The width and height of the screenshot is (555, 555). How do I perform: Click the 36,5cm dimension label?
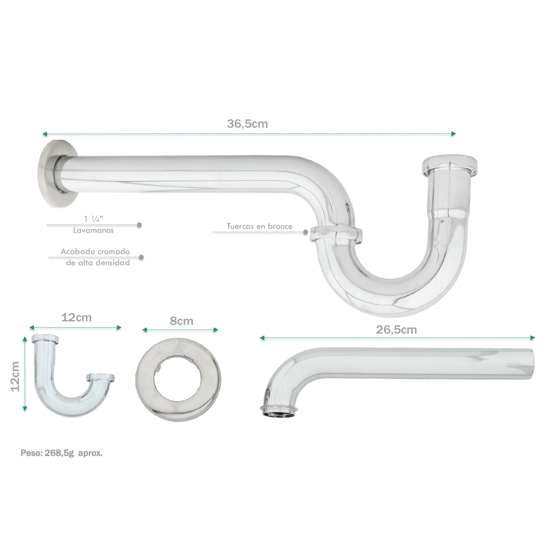coord(247,124)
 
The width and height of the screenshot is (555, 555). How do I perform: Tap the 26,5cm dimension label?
coord(396,330)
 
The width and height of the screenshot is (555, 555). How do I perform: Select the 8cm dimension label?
coord(181,321)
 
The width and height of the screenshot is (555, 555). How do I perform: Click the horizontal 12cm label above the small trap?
coord(76,318)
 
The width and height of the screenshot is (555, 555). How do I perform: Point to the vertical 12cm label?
coord(15,377)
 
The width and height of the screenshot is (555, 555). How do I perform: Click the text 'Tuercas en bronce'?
coord(260,226)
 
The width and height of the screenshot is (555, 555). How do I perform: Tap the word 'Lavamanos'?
coord(93,230)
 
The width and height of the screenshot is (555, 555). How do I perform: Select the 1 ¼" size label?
coord(94,219)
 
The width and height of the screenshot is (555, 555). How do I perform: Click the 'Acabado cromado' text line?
coord(95,252)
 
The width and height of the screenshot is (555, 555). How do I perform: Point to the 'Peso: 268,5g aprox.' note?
coord(61,453)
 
